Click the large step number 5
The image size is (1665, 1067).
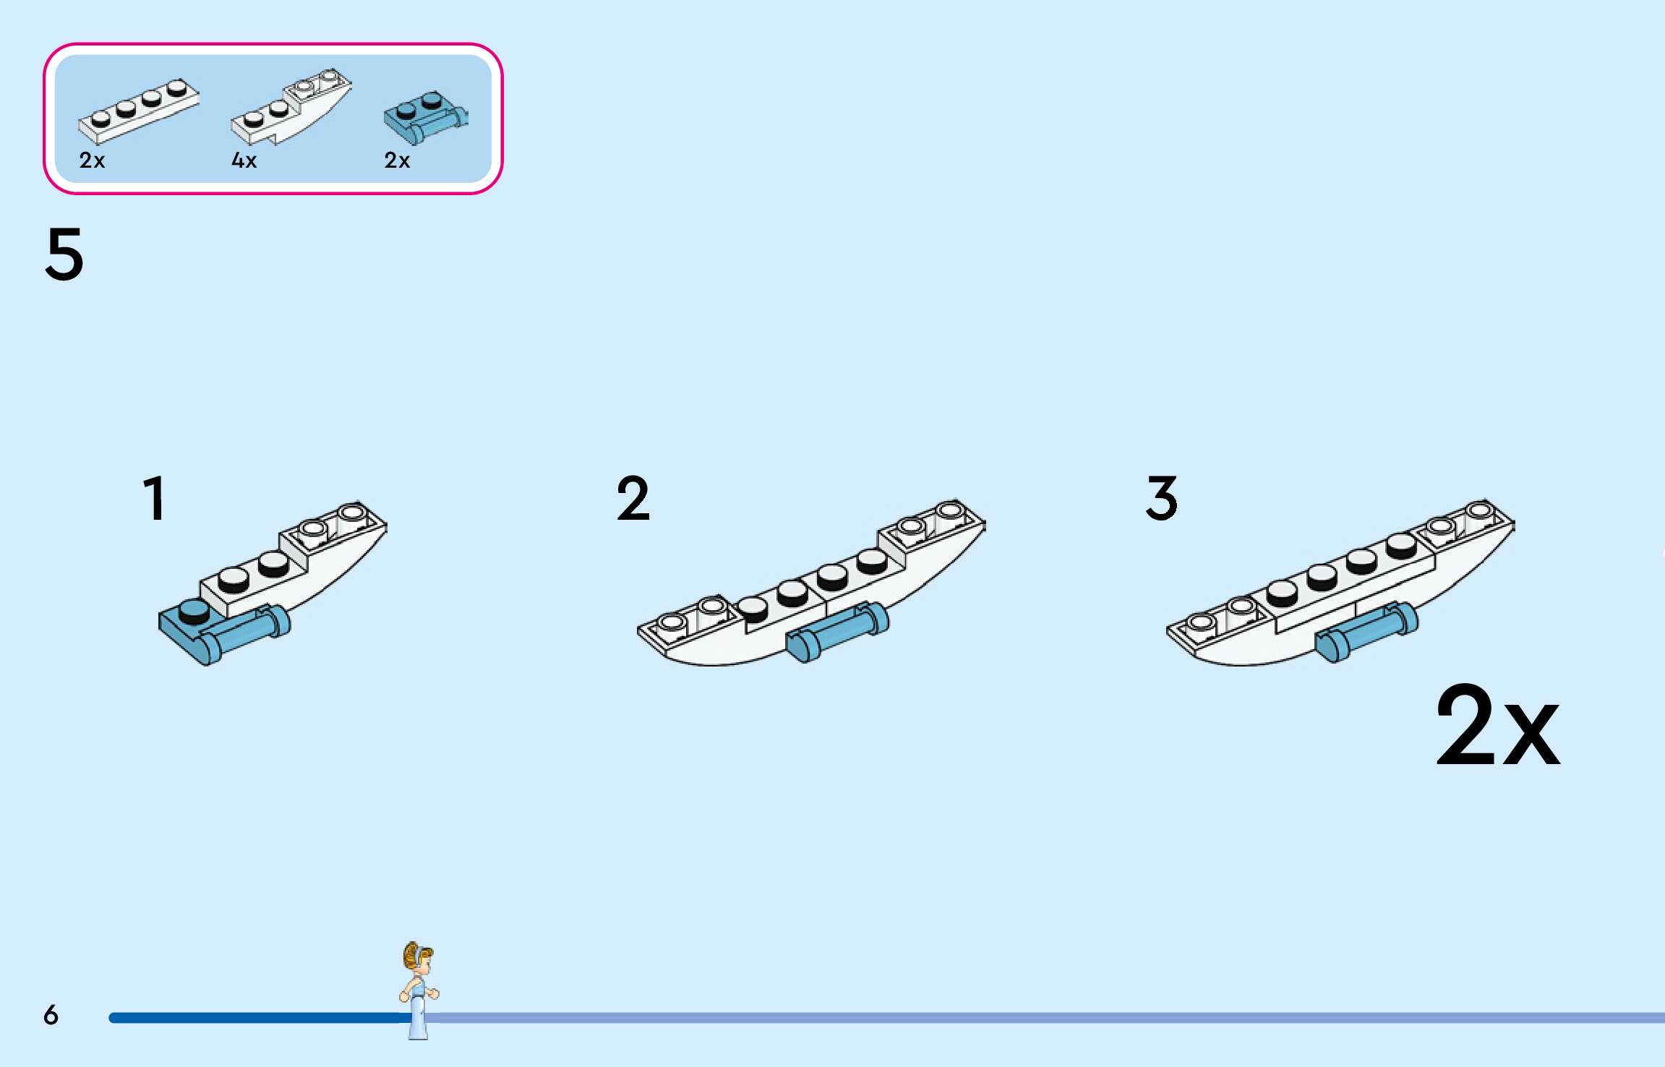[x=64, y=254]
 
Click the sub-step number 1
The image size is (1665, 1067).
[x=154, y=498]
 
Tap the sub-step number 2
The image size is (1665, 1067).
[x=633, y=498]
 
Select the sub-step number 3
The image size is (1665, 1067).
[x=1162, y=498]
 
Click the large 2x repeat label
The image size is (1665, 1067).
[x=1497, y=726]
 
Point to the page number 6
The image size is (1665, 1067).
[x=51, y=1015]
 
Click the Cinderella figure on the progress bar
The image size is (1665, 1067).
[x=419, y=989]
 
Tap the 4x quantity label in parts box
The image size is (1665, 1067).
[x=244, y=160]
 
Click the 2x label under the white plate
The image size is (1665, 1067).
[x=92, y=160]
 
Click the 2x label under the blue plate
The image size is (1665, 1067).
[x=397, y=160]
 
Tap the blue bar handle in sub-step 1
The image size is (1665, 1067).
[x=246, y=633]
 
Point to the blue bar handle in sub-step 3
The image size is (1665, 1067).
[x=1366, y=632]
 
